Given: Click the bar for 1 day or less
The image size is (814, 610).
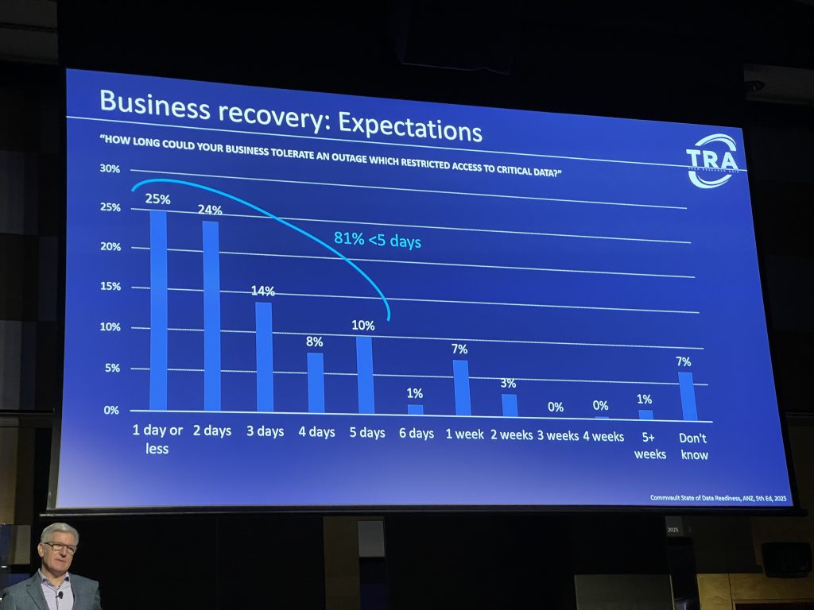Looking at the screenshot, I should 159,310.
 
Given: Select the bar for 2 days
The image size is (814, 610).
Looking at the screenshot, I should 211,315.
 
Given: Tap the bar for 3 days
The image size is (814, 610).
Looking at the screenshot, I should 264,357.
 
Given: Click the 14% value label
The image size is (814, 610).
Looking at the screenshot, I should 262,291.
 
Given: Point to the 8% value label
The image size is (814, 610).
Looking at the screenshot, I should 315,342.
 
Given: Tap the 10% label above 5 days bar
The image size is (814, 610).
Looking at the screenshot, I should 364,326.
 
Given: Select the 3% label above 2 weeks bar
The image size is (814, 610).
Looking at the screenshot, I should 509,384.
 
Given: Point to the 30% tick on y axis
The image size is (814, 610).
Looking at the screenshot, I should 110,169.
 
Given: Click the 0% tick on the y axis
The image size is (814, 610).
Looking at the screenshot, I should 110,410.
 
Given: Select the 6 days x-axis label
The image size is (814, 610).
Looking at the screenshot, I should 416,434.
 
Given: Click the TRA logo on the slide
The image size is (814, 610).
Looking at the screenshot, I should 711,162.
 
